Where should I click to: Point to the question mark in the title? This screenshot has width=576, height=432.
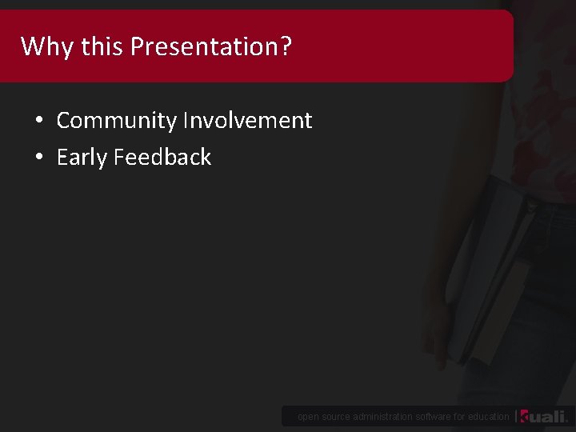(286, 46)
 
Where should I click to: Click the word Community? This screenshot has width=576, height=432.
(117, 121)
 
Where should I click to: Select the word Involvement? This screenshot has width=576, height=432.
(247, 121)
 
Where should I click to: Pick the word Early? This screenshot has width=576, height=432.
(82, 158)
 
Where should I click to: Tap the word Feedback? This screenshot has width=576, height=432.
(162, 158)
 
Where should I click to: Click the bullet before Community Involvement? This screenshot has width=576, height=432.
(39, 122)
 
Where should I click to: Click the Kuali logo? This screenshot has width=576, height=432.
(543, 416)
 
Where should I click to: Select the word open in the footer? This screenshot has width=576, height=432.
(308, 417)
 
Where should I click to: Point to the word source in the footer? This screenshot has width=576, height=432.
(335, 417)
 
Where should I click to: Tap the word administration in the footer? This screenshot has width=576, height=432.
(383, 417)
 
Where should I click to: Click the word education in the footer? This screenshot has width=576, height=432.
(489, 417)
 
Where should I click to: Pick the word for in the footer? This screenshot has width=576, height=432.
(461, 417)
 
